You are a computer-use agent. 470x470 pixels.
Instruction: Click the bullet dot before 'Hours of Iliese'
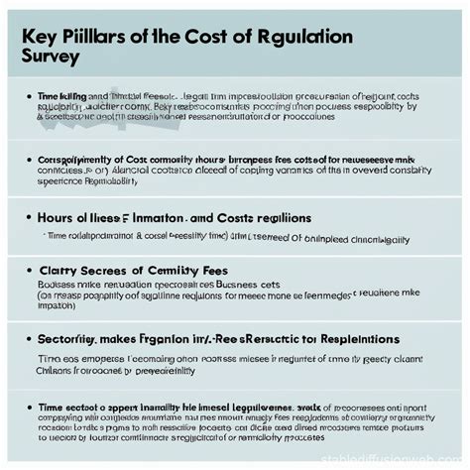26,217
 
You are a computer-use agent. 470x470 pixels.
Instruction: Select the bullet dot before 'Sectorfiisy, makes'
26,340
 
